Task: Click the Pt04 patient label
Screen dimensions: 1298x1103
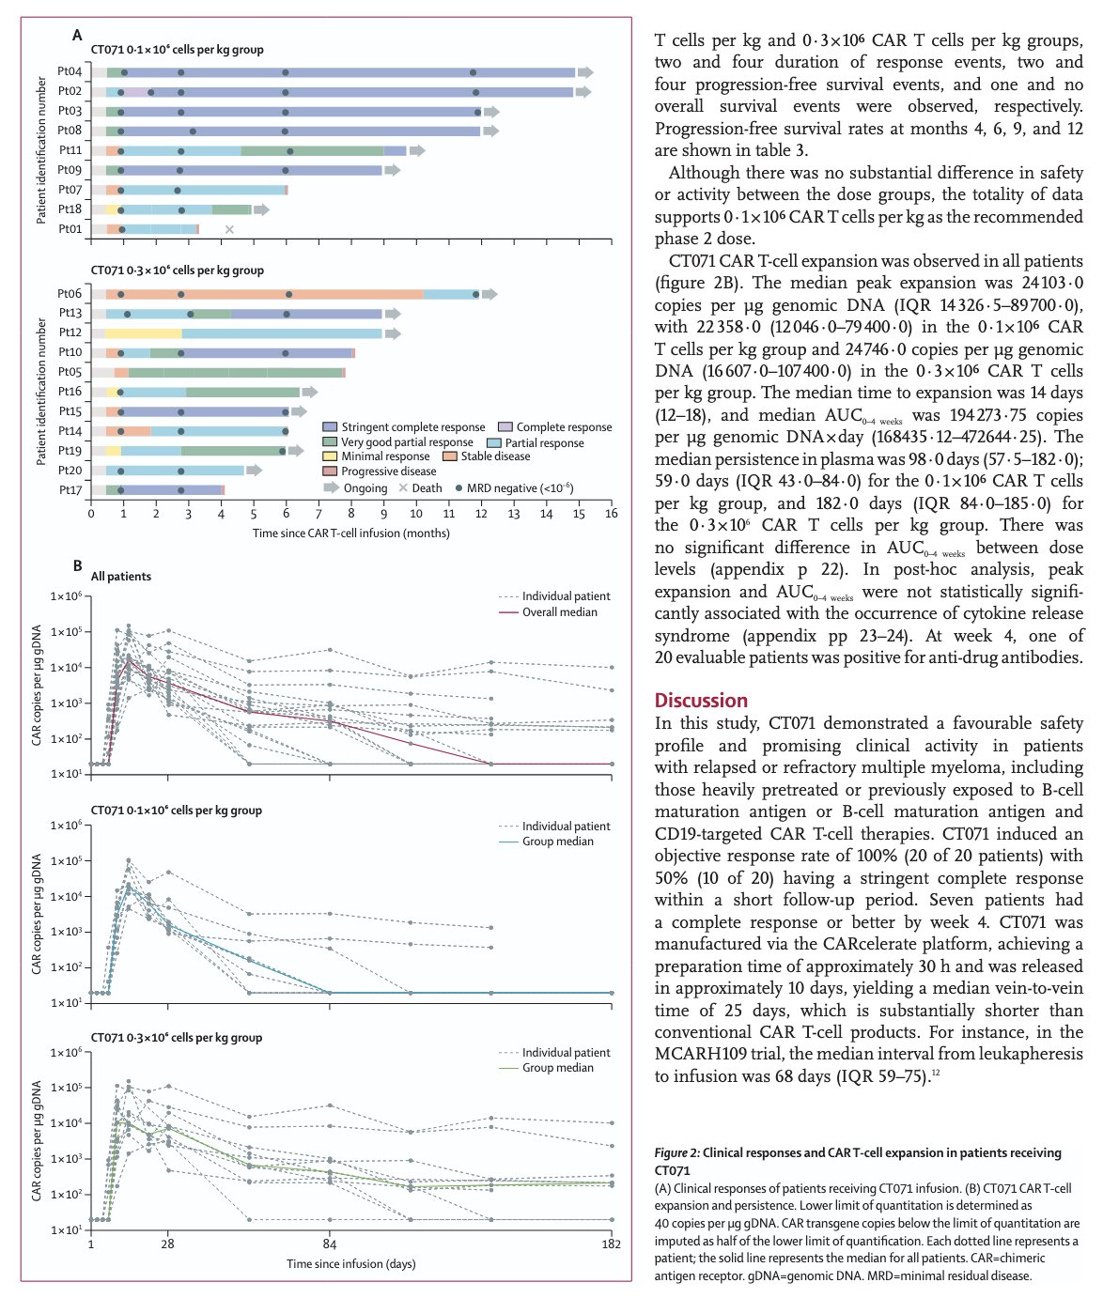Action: [x=70, y=72]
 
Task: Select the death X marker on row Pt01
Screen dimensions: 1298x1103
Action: [x=229, y=229]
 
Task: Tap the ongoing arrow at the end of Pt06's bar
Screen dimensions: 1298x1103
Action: [x=489, y=294]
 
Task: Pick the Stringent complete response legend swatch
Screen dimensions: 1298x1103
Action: [x=330, y=427]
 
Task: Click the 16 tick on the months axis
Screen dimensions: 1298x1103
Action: [x=611, y=515]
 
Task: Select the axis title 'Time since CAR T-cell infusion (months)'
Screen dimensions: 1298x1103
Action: [x=350, y=533]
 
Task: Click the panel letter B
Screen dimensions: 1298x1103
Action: [x=78, y=566]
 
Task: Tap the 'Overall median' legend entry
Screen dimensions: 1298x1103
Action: [x=559, y=612]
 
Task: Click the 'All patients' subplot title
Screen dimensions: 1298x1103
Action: [x=120, y=577]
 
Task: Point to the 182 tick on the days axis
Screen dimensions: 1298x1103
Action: [x=612, y=1244]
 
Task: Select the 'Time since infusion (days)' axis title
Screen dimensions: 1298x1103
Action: [x=350, y=1264]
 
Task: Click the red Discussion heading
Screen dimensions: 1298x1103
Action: [x=701, y=701]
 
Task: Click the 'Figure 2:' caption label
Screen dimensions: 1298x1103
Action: [x=676, y=1153]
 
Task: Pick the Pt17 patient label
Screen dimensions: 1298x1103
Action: [x=70, y=490]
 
